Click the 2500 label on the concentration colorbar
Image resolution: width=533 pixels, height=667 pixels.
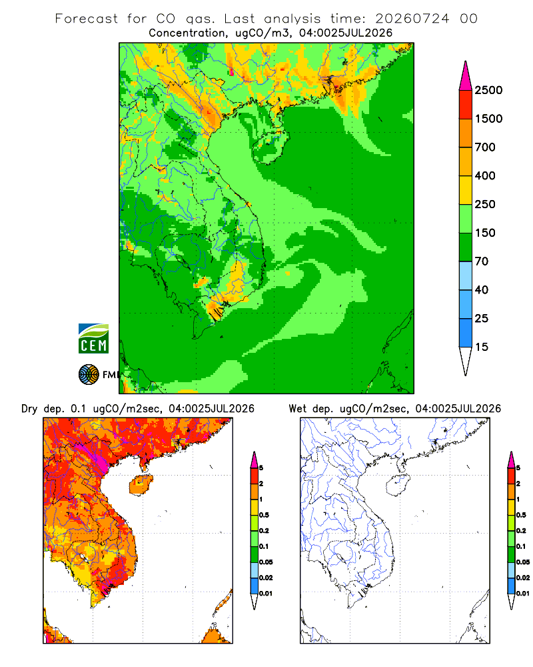(488, 90)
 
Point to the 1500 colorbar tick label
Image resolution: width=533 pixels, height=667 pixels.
(488, 119)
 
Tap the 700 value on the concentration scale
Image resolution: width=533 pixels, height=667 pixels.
(485, 147)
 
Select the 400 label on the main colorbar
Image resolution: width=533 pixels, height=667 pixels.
(485, 175)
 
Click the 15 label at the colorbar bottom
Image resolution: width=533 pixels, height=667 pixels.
(482, 347)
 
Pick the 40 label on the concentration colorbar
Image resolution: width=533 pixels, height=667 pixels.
(482, 290)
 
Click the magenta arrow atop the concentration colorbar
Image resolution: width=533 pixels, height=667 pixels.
(466, 75)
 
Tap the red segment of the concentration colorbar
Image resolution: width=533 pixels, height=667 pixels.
(466, 105)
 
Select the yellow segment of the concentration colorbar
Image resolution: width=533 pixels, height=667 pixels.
(466, 190)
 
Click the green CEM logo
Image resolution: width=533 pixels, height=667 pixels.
(93, 339)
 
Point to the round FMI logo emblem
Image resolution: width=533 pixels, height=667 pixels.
(89, 375)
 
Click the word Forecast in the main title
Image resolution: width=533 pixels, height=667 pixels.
(87, 19)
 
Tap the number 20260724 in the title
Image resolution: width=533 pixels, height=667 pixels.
(412, 19)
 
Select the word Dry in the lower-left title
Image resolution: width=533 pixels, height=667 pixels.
(30, 410)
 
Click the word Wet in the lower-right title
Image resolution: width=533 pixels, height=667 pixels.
(297, 409)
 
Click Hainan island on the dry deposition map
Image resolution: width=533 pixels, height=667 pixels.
(141, 486)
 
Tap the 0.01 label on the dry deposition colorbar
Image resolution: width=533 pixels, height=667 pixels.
(266, 594)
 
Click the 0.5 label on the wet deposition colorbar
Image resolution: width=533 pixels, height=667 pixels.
(521, 515)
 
